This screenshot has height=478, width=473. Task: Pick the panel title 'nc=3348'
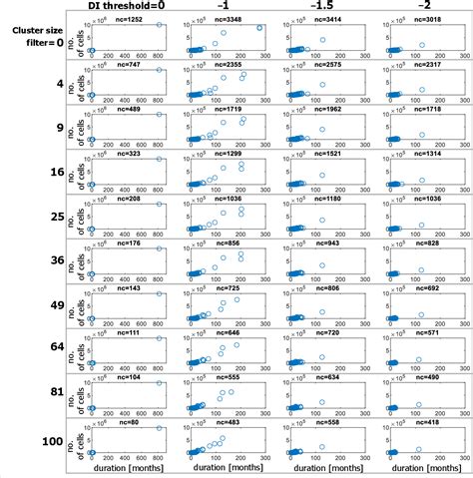(x=228, y=19)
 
